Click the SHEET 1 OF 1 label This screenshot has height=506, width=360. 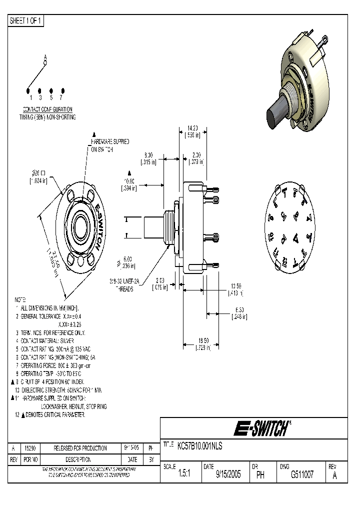coord(26,21)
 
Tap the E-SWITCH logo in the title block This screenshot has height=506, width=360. coord(262,428)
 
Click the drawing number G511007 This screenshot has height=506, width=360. coord(302,475)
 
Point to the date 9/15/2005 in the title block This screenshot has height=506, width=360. coord(228,475)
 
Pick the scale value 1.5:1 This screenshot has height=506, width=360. coord(184,475)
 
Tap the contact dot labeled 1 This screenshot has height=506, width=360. coord(28,91)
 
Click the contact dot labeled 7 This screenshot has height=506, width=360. coord(61,91)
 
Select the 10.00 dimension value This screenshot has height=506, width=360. coord(129,180)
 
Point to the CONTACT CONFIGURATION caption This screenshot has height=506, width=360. coord(47,109)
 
